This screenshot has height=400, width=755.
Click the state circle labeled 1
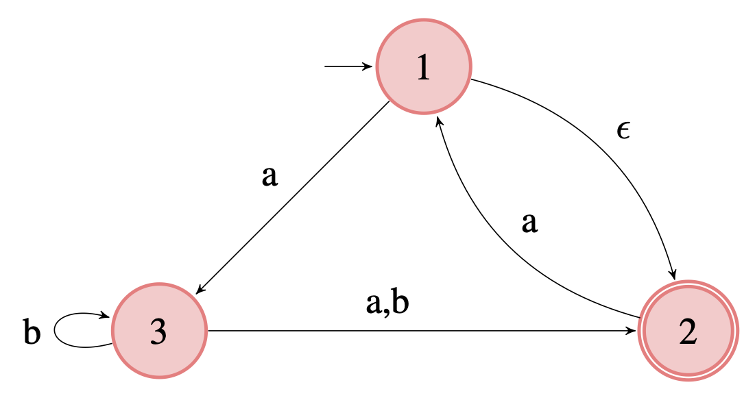(424, 66)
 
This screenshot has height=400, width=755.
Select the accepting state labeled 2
(688, 332)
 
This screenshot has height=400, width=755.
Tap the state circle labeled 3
(159, 332)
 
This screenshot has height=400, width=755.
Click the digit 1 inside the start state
(424, 67)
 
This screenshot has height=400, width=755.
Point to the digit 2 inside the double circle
(688, 332)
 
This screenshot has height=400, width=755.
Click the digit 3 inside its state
(159, 332)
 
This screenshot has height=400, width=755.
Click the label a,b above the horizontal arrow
(387, 305)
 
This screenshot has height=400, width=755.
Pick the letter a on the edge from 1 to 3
(270, 177)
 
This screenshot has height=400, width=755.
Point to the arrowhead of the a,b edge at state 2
(632, 332)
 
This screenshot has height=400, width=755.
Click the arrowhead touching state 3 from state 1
(199, 290)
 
